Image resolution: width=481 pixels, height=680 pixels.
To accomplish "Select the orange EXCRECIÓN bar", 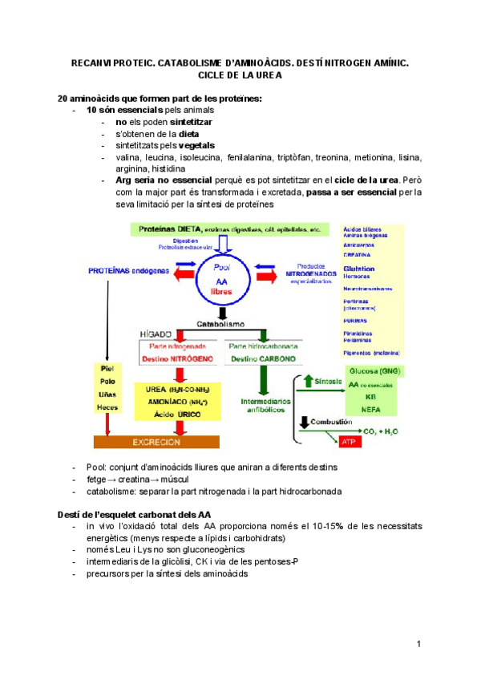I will coord(157,441).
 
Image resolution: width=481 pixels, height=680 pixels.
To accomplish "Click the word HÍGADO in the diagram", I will coord(158,331).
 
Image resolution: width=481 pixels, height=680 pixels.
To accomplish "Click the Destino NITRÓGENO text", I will coord(177,359).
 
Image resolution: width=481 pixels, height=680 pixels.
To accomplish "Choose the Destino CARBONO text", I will coord(262,359).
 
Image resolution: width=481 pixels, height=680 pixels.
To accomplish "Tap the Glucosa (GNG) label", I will coord(374,371).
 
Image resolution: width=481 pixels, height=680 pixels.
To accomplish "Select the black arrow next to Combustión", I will coord(304,422).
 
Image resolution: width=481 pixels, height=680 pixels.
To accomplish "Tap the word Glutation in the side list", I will coord(358,269).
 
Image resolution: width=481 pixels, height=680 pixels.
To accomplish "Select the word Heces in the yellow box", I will coord(109,407).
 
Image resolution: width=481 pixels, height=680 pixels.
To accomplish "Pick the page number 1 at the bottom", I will coord(418,645).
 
